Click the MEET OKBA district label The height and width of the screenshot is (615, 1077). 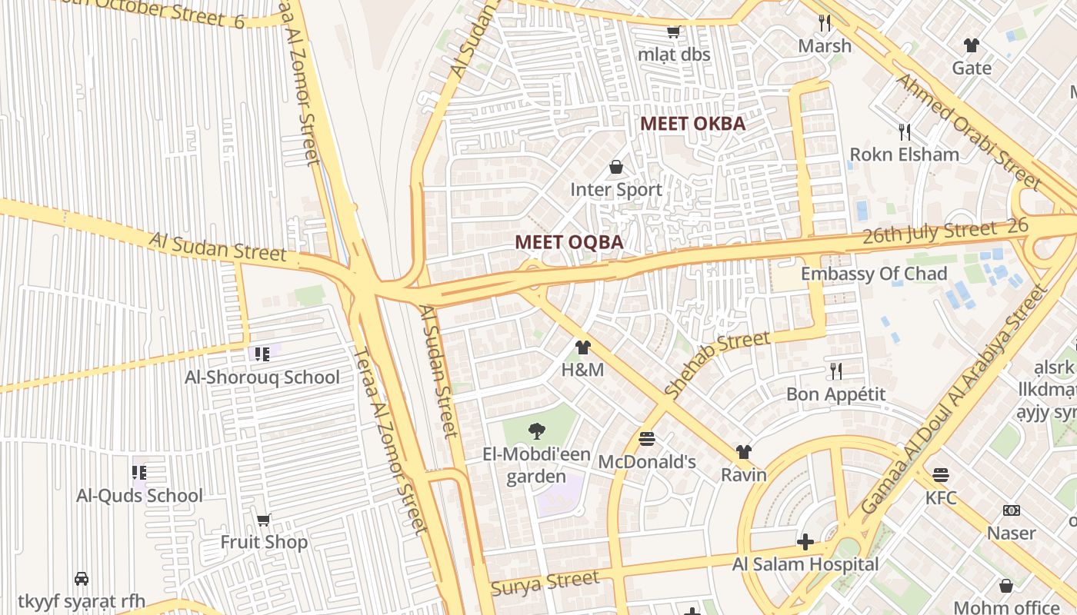(x=692, y=123)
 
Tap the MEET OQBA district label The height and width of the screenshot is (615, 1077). (x=569, y=241)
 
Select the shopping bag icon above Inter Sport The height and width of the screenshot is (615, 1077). (x=616, y=167)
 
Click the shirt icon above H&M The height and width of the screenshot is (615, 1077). (x=582, y=347)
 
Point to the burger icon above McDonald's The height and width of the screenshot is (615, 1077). (x=647, y=439)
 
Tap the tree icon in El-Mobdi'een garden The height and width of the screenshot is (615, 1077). (x=536, y=431)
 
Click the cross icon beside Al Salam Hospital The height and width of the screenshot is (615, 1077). (x=805, y=543)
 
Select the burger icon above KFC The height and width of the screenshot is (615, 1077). (x=940, y=475)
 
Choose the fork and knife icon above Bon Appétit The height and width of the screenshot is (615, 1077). (x=835, y=372)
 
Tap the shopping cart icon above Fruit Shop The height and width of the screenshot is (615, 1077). (x=264, y=520)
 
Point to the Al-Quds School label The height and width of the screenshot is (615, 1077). (x=139, y=496)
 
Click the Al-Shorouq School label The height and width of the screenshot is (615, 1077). (x=262, y=377)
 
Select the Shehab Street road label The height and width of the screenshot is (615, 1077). (x=716, y=364)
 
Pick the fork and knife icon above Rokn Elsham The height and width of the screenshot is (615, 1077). (x=904, y=132)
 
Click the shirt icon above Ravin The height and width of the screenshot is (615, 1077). (x=743, y=452)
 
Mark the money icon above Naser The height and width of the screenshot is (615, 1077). (x=1012, y=510)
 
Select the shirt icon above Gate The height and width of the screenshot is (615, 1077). (x=972, y=45)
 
